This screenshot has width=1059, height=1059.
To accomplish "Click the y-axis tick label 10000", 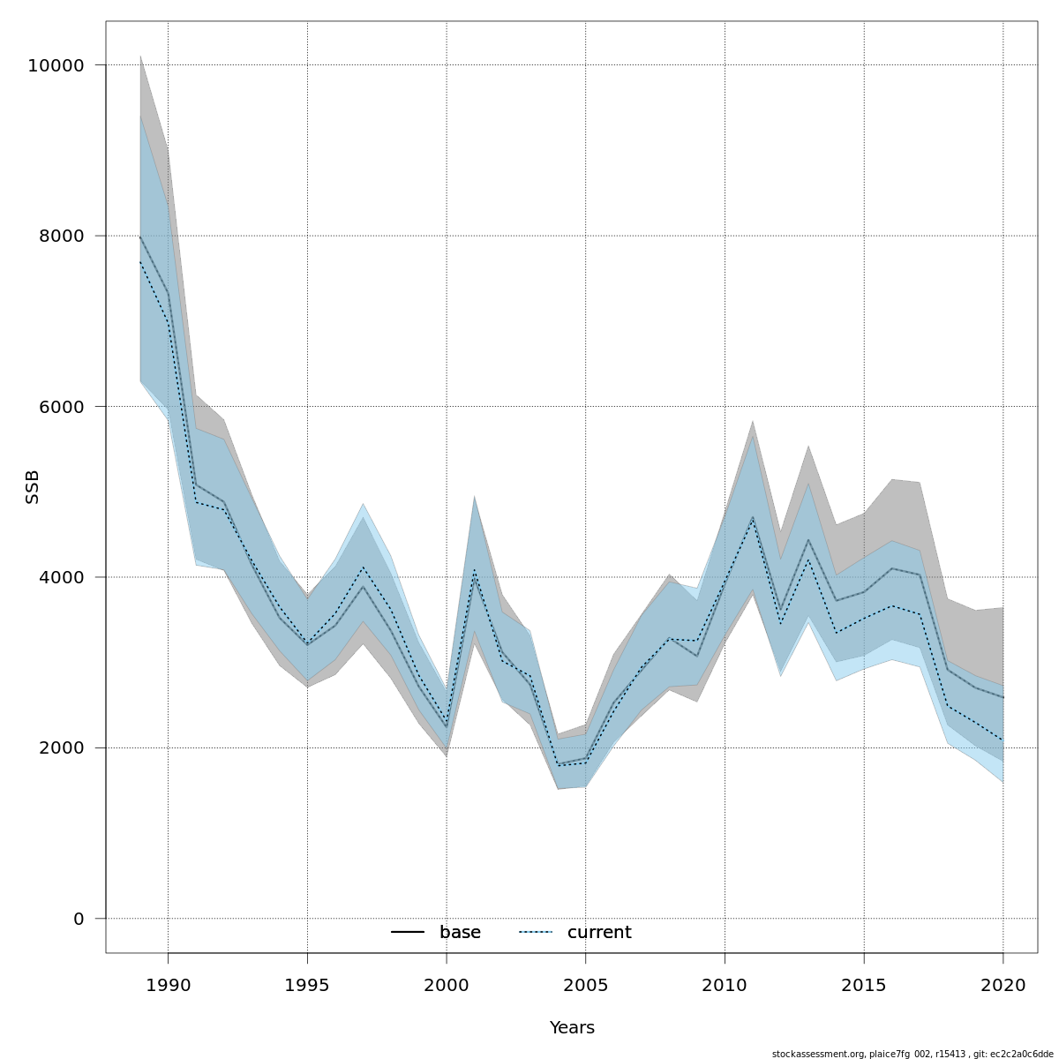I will [55, 66].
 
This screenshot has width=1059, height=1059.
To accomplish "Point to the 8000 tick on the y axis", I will [60, 237].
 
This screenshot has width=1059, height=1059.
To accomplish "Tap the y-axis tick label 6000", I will [60, 407].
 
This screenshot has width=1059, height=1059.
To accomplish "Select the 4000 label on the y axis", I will [60, 577].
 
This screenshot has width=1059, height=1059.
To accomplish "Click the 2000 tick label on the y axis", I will [60, 747].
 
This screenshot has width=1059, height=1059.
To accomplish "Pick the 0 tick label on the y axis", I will [79, 919].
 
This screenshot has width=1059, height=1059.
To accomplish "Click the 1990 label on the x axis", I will [168, 985].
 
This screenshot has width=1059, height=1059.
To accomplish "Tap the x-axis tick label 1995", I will [307, 985].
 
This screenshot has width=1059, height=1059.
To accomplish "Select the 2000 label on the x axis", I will [447, 985].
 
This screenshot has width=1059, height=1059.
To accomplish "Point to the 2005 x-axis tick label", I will [585, 985].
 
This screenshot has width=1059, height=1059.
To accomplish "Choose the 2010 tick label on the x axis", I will [725, 985].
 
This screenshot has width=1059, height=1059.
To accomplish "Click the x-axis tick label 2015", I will [864, 985].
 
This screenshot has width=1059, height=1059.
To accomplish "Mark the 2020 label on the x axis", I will [1003, 985].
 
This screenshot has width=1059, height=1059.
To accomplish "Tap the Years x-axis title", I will [572, 1028].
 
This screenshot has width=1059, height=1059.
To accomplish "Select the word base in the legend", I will [460, 933].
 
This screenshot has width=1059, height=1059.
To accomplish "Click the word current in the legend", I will [599, 933].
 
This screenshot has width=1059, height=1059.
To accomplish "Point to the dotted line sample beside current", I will [536, 933].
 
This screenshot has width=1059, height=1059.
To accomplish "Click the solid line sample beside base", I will [409, 933].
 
